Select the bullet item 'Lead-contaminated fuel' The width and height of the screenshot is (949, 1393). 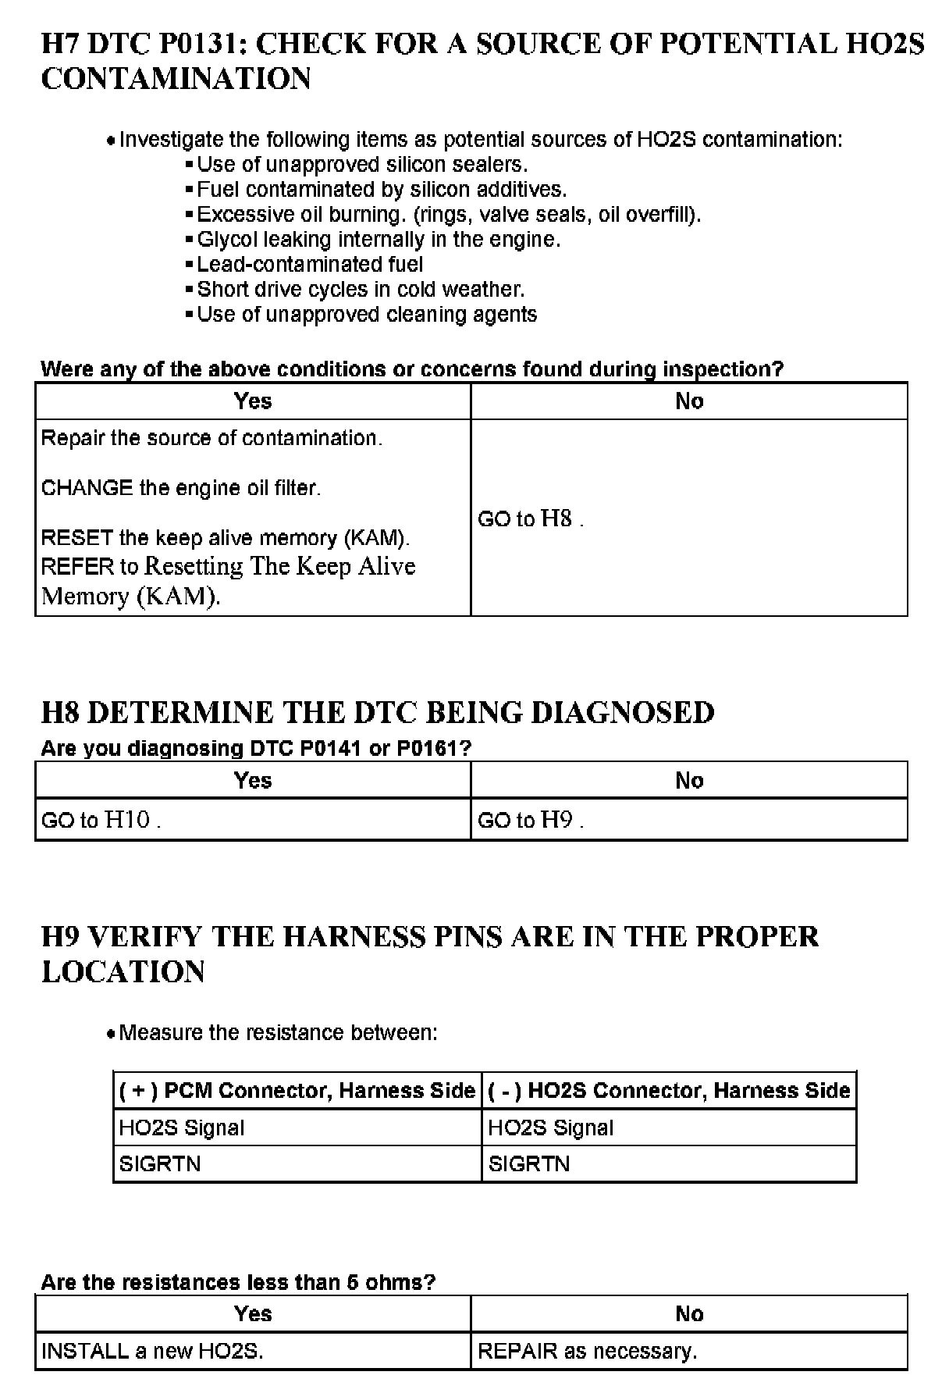click(310, 264)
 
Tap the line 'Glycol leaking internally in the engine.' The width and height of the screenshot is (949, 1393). click(379, 239)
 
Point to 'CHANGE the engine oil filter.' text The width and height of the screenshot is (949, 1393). click(181, 488)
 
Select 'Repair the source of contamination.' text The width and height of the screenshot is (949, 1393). click(211, 438)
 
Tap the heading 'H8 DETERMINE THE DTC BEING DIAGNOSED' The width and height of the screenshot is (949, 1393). click(378, 713)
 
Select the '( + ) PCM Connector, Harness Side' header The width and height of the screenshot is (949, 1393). click(297, 1090)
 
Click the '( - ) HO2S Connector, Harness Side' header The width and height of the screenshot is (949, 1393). click(669, 1090)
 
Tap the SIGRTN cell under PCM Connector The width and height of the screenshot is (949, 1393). click(160, 1164)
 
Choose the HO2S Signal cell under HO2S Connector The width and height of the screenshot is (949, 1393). click(550, 1128)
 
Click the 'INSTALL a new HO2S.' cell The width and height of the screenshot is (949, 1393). click(152, 1351)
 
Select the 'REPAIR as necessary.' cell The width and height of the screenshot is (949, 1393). click(587, 1351)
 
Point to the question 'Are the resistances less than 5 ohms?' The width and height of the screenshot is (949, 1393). click(238, 1282)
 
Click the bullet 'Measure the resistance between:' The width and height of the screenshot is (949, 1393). click(278, 1033)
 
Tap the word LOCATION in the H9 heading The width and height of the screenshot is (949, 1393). click(123, 972)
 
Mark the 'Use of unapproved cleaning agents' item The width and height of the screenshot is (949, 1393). click(367, 314)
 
